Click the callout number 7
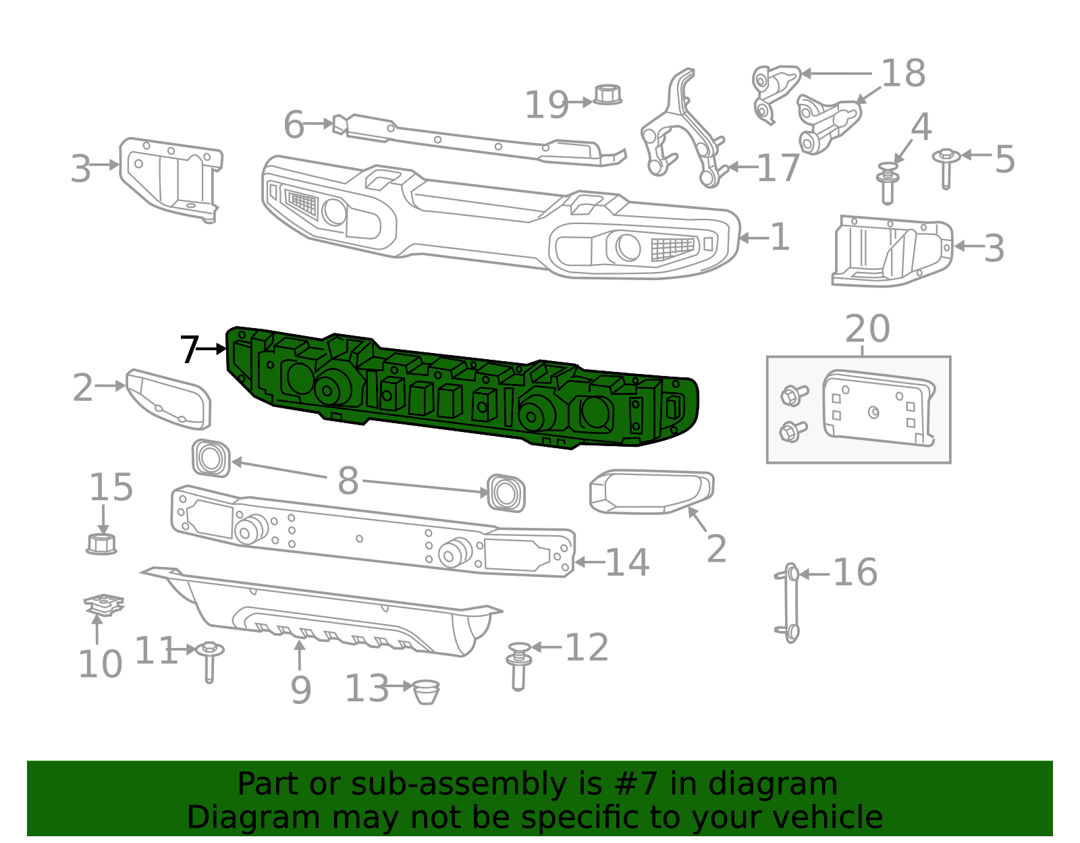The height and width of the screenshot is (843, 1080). tap(189, 350)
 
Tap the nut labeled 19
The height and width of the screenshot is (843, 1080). tap(607, 94)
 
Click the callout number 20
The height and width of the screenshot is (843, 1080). tap(867, 329)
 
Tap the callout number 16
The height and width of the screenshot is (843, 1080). tap(855, 572)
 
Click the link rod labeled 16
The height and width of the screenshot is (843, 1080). tap(791, 603)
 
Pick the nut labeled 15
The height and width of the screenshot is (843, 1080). tap(101, 543)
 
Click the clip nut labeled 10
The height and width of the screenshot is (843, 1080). tap(103, 603)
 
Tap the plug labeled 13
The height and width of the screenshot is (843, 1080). tap(425, 692)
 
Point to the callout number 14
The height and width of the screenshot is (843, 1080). tap(627, 562)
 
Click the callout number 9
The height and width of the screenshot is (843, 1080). tap(300, 689)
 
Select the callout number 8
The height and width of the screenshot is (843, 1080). tap(348, 481)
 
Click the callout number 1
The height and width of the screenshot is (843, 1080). tap(780, 237)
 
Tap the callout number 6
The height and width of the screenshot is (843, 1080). tap(294, 125)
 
